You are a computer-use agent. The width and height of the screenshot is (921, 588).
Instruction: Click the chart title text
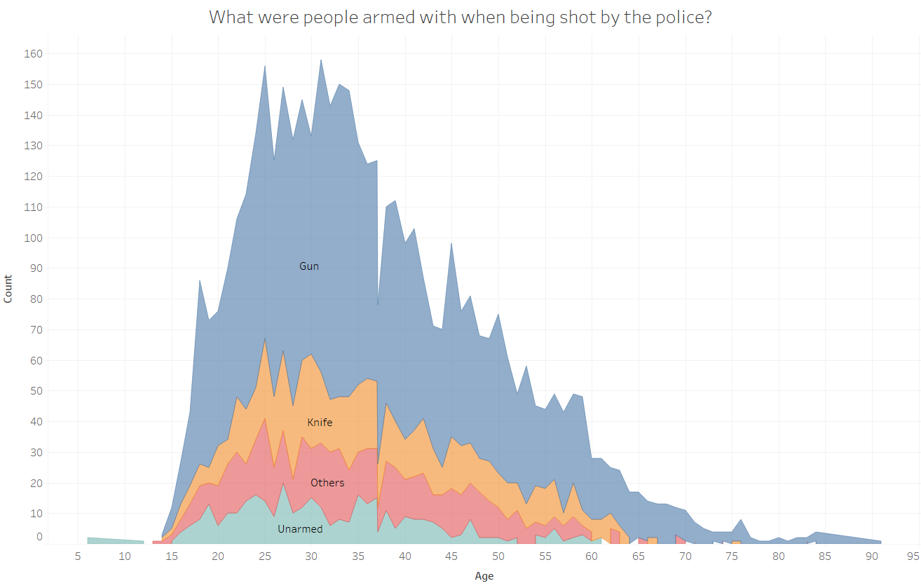(460, 18)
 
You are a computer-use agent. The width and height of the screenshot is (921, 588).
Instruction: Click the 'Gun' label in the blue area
(309, 266)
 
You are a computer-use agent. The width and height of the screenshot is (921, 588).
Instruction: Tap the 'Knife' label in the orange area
(320, 423)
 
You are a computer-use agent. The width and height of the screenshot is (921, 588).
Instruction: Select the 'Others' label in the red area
(327, 483)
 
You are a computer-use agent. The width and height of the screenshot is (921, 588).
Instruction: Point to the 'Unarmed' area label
(300, 529)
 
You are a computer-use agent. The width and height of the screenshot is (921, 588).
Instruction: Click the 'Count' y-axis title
(8, 289)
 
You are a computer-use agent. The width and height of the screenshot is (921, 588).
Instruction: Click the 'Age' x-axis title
(484, 576)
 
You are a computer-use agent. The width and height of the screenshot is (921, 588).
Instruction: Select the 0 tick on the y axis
(39, 537)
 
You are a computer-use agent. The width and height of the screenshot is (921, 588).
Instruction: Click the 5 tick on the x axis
(77, 557)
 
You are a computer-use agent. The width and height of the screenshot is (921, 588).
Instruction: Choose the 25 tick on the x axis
(264, 557)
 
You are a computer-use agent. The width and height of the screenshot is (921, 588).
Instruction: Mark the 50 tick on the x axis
(498, 557)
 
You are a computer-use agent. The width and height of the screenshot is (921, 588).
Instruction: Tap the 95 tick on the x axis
(912, 557)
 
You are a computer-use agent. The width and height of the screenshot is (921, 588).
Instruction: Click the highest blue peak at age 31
(321, 62)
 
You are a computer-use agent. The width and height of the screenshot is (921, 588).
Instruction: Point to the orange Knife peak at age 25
(264, 341)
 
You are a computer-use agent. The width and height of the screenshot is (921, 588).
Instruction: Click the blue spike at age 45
(451, 245)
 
